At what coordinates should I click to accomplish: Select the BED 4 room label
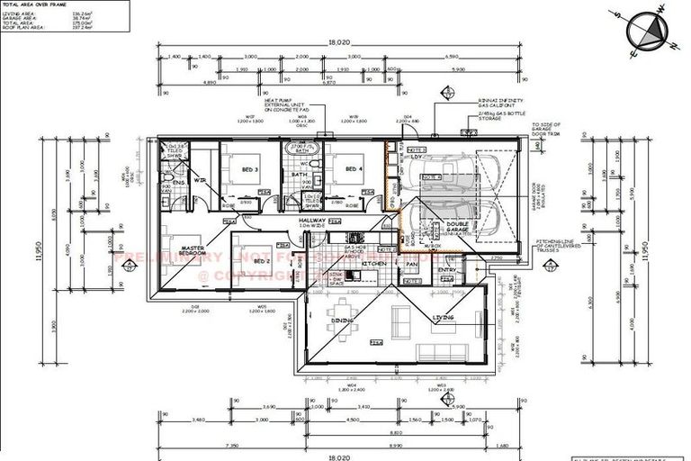(x=354, y=169)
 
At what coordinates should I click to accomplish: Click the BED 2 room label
(x=261, y=261)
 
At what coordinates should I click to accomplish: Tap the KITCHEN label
(x=374, y=264)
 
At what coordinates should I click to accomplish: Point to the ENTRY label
(x=447, y=269)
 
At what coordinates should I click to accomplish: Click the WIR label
(x=200, y=181)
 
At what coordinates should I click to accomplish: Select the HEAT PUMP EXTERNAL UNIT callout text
(x=272, y=105)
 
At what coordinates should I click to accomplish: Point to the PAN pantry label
(x=411, y=264)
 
